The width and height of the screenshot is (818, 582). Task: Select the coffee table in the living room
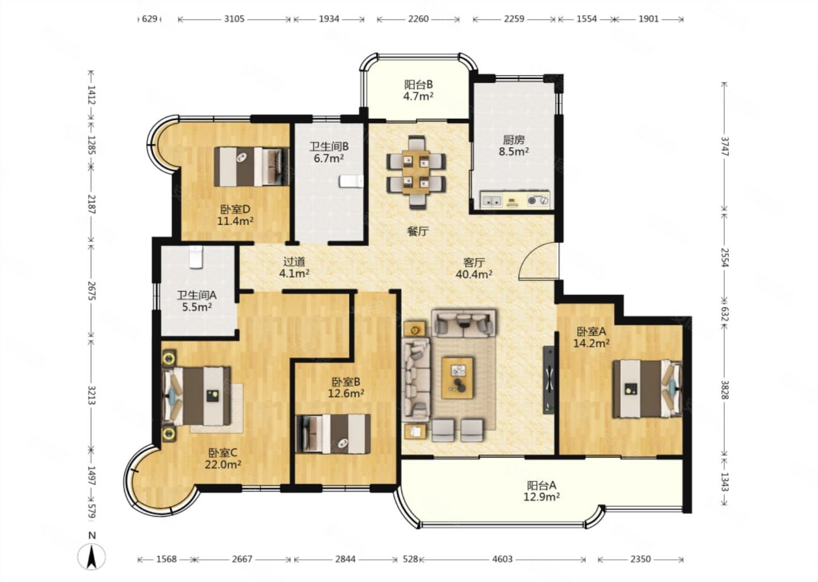(x=457, y=378)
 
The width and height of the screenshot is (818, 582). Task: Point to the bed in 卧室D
(x=252, y=167)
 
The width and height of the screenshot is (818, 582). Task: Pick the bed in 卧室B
(x=333, y=434)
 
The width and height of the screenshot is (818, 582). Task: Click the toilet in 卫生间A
(x=196, y=257)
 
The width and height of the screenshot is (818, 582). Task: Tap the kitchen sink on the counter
(x=491, y=200)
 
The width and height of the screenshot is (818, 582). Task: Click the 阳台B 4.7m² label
(x=419, y=90)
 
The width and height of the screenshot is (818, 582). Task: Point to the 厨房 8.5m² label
(x=514, y=145)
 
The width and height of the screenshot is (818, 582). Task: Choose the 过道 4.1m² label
(x=294, y=268)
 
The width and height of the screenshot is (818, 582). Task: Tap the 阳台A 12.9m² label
(x=542, y=491)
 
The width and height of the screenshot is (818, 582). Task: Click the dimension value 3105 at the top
(x=234, y=19)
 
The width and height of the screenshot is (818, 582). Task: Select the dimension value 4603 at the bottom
(x=502, y=559)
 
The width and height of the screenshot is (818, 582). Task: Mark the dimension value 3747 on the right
(x=724, y=147)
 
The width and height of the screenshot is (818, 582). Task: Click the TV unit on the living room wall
(x=548, y=380)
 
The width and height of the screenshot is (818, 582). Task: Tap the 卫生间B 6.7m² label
(x=329, y=152)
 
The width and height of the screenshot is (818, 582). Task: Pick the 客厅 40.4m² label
(x=474, y=268)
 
